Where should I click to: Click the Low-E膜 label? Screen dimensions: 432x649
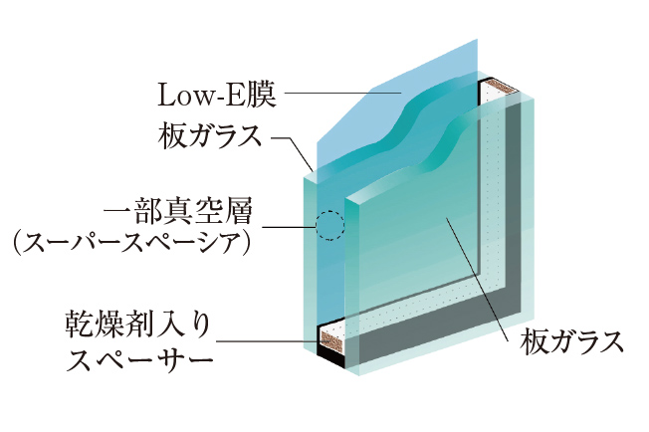[218, 97]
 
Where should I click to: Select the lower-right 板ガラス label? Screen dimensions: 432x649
[572, 343]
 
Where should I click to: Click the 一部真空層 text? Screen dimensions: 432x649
[179, 212]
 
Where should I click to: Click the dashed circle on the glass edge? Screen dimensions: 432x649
[329, 226]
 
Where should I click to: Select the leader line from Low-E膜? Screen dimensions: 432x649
[338, 96]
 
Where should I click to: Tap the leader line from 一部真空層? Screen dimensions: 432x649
[292, 228]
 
